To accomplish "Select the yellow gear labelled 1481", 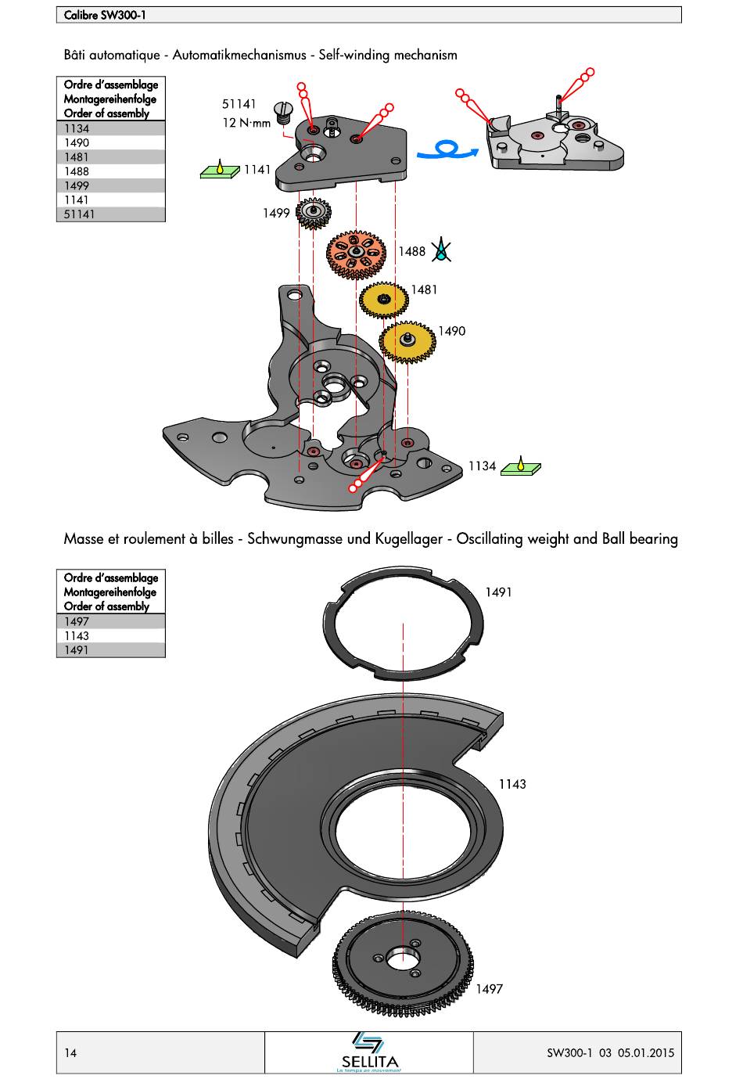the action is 383,300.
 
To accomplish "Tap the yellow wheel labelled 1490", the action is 407,341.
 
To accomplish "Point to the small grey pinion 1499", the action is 313,212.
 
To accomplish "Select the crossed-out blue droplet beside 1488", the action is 440,250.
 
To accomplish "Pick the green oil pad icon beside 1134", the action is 521,466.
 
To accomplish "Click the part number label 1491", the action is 498,592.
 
